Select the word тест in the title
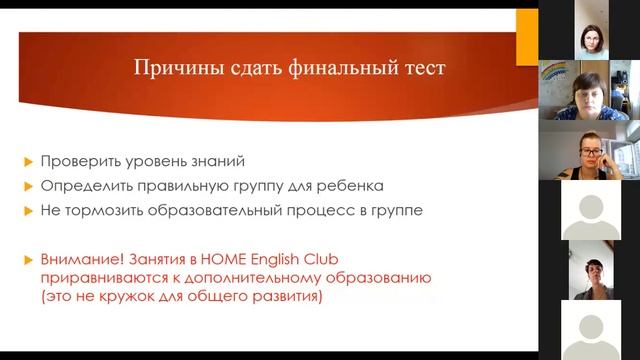pos(421,69)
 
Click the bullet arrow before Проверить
pos(28,161)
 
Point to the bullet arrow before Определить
pos(28,186)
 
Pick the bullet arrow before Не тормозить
pos(28,211)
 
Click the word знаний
pos(219,161)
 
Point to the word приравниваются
pos(107,277)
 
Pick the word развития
pos(289,297)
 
